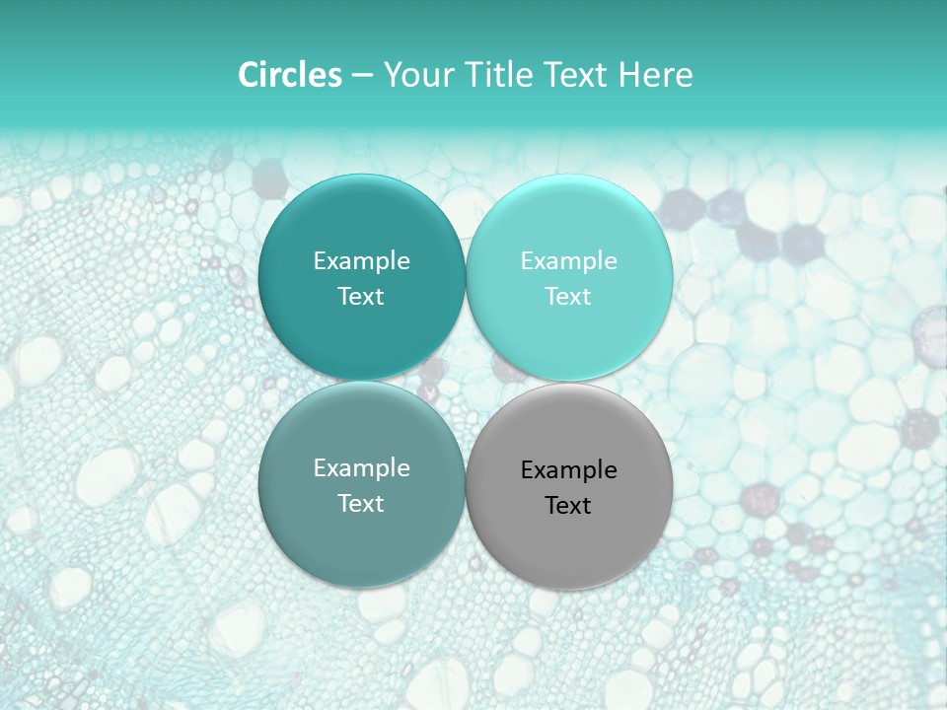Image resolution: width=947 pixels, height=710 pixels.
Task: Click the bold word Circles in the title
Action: coord(290,75)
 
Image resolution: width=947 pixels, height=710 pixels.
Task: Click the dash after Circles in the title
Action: coord(362,76)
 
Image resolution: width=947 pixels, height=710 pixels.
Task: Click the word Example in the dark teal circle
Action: coord(361,261)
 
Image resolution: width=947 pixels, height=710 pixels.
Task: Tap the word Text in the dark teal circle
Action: coord(361,296)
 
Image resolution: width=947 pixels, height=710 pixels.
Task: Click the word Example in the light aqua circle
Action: coord(569,261)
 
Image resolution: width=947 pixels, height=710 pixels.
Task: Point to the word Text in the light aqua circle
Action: coord(569,296)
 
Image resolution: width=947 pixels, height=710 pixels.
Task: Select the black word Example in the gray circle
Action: coord(569,470)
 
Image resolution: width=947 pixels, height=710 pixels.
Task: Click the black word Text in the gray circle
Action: coord(569,506)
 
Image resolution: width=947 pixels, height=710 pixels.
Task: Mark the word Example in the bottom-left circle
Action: coord(361,468)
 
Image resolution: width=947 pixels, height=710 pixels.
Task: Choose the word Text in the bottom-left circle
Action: coord(361,503)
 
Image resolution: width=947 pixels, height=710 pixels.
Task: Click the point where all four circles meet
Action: coord(466,382)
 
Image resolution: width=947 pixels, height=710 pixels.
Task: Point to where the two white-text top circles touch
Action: coord(466,277)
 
